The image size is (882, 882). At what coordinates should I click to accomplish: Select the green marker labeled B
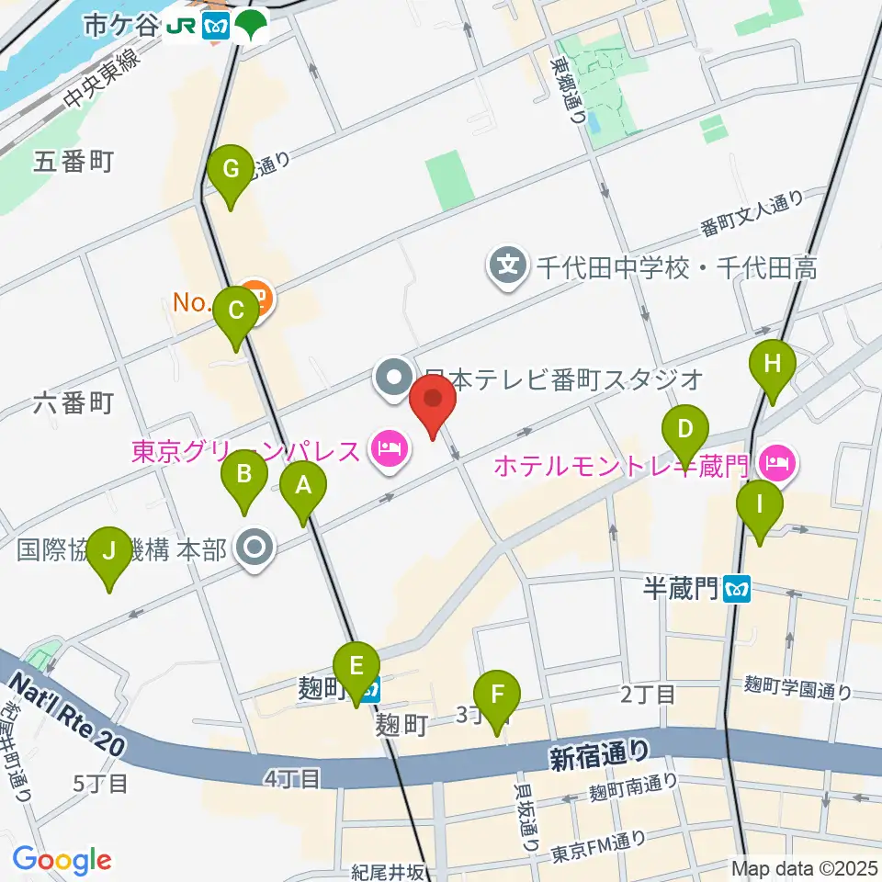point(244,475)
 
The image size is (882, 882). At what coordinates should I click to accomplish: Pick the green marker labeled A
point(304,486)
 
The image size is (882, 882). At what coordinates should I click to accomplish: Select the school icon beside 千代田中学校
point(506,267)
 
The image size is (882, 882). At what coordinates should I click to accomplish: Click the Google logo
point(62,860)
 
